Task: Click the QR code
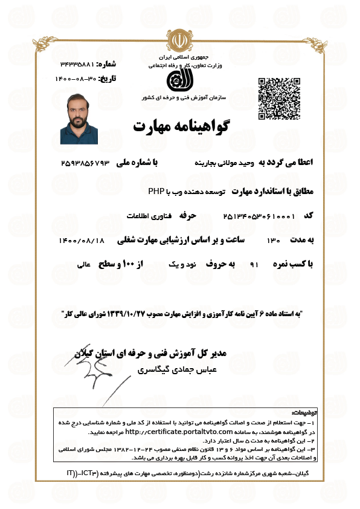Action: tap(280, 98)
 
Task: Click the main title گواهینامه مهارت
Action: tap(181, 126)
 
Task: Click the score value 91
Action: tap(254, 265)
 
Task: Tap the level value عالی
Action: tap(83, 265)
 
